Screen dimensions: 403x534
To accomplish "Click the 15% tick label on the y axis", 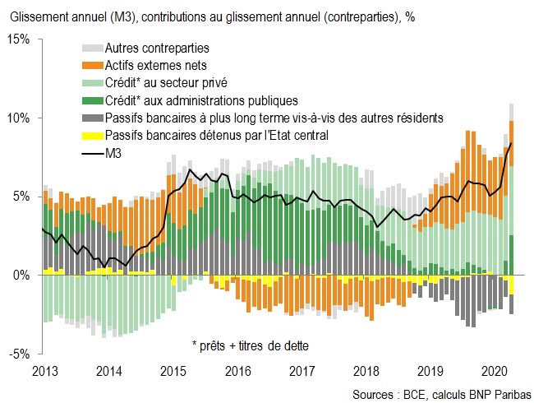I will tap(19, 39).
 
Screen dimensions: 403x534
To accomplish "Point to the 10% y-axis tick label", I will tap(19, 118).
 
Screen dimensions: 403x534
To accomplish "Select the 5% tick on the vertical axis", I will tap(22, 197).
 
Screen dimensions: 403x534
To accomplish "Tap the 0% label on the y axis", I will tap(22, 275).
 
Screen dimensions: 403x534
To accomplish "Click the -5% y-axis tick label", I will tap(21, 354).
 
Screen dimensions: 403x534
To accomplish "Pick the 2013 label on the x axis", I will tap(44, 370).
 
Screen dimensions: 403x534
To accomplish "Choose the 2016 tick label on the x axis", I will tap(238, 370).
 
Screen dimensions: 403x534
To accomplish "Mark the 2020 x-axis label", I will tap(495, 370).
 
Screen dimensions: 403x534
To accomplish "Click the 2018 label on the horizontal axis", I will tap(367, 370).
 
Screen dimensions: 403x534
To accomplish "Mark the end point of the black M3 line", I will tap(512, 143).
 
